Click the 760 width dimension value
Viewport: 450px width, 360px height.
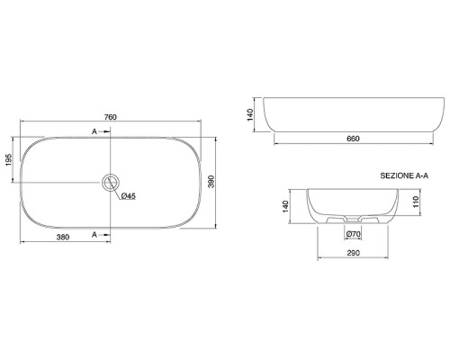pos(110,117)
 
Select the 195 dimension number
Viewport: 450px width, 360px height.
pos(8,159)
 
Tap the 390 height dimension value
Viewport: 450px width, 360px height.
pos(211,182)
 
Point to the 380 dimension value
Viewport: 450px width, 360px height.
pos(63,237)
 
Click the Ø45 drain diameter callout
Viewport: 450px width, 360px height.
pos(129,196)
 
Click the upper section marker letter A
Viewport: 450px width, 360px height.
pos(94,131)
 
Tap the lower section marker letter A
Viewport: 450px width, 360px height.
pos(94,235)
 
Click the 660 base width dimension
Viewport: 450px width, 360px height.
pos(353,139)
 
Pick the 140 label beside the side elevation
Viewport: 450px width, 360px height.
pos(250,114)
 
